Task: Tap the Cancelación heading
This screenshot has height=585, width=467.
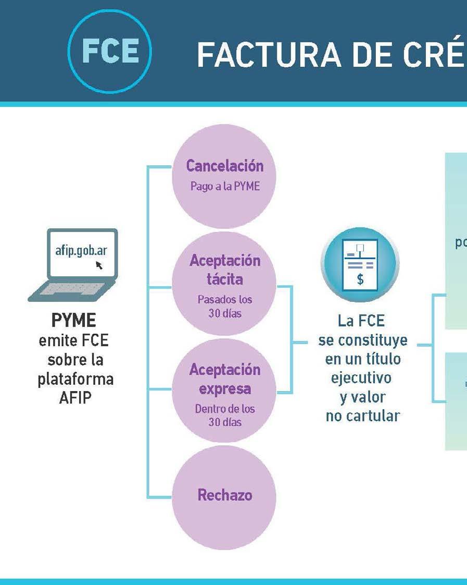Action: click(x=225, y=166)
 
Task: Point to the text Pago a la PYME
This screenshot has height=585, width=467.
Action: click(x=225, y=186)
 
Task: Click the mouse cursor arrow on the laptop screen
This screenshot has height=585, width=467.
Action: click(x=99, y=265)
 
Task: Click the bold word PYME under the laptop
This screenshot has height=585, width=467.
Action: click(x=74, y=319)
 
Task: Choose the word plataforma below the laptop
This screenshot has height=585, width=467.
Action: click(x=75, y=379)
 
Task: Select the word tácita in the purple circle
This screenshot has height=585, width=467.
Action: click(x=224, y=279)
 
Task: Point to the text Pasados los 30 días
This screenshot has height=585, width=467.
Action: click(x=224, y=307)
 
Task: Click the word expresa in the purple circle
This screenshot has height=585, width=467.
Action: click(x=224, y=389)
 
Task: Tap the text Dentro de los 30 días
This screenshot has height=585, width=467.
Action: click(x=225, y=416)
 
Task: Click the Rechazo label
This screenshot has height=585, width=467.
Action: click(x=225, y=495)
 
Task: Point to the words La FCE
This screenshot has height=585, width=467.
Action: click(x=361, y=320)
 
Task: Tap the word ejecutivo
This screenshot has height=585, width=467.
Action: click(x=361, y=377)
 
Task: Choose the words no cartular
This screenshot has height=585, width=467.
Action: click(x=362, y=417)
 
